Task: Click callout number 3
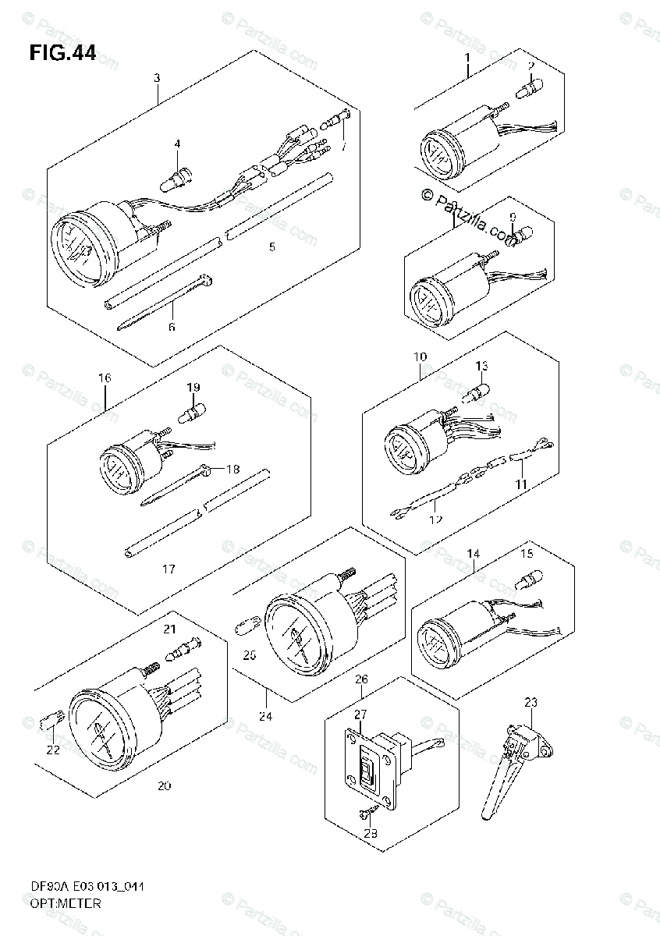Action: (x=157, y=78)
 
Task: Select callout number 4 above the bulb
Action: (x=177, y=144)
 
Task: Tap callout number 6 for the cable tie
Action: (x=172, y=327)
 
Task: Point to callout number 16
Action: (x=105, y=378)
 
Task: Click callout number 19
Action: (x=193, y=387)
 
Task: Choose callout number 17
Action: (x=169, y=569)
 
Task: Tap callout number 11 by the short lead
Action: (x=521, y=484)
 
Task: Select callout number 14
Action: (x=474, y=554)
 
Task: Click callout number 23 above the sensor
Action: (x=530, y=702)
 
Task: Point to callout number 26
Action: (x=361, y=679)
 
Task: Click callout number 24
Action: (x=266, y=716)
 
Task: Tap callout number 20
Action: (x=164, y=785)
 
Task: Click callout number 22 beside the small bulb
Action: (x=52, y=750)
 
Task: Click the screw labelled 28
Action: (x=366, y=813)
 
